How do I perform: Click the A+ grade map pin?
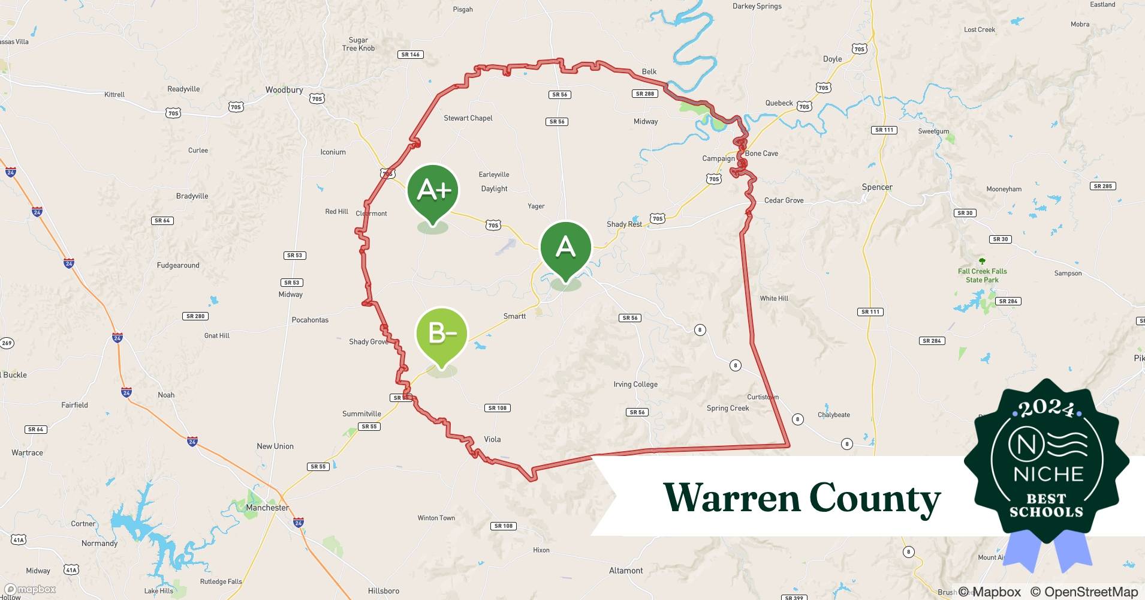pyautogui.click(x=433, y=191)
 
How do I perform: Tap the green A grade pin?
pyautogui.click(x=565, y=247)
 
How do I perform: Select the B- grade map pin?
pyautogui.click(x=441, y=334)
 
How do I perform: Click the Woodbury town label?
pyautogui.click(x=284, y=90)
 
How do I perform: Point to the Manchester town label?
pyautogui.click(x=267, y=508)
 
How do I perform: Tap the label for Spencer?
pyautogui.click(x=877, y=187)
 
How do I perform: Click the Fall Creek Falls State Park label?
pyautogui.click(x=982, y=275)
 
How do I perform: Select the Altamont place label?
pyautogui.click(x=626, y=571)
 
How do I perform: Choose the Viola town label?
pyautogui.click(x=492, y=439)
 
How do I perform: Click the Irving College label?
pyautogui.click(x=635, y=385)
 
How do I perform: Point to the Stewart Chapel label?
pyautogui.click(x=468, y=118)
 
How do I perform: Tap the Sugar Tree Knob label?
pyautogui.click(x=358, y=44)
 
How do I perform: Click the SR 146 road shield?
pyautogui.click(x=411, y=55)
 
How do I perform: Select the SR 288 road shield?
pyautogui.click(x=645, y=94)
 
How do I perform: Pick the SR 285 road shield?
pyautogui.click(x=1102, y=186)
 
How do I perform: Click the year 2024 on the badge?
pyautogui.click(x=1047, y=409)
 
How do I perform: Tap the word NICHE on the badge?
pyautogui.click(x=1048, y=474)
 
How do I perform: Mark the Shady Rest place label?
pyautogui.click(x=624, y=224)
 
